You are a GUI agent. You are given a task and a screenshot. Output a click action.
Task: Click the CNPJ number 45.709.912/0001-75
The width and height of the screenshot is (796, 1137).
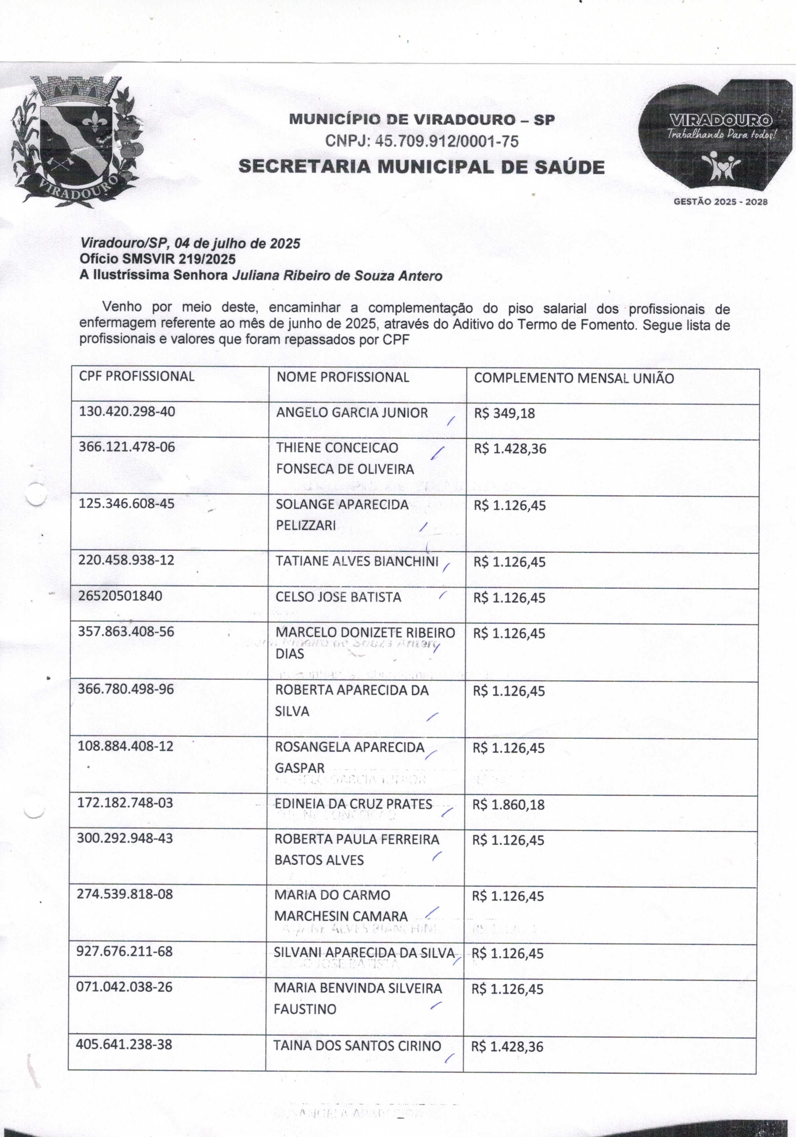422,142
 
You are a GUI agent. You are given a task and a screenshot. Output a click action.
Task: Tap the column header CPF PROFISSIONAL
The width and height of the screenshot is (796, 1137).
136,376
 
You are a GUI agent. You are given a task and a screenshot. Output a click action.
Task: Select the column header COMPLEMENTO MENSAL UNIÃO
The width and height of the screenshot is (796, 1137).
574,378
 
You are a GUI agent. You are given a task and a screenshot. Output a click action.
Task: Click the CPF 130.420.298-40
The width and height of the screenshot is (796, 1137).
127,412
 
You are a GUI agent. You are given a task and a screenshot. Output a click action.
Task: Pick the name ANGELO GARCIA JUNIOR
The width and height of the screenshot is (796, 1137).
352,413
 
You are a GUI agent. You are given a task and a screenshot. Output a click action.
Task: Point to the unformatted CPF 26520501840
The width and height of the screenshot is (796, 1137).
120,596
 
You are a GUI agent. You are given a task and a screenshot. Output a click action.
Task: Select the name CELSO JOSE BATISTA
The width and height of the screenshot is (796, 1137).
338,597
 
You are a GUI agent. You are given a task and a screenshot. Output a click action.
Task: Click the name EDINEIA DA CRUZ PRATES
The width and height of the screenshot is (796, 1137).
353,804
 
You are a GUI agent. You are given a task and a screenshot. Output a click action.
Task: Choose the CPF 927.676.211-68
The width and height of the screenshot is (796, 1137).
124,951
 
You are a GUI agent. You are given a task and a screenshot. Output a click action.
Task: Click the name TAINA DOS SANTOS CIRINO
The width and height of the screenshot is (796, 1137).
357,1046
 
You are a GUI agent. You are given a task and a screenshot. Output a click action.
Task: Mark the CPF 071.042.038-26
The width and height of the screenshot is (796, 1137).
124,987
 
